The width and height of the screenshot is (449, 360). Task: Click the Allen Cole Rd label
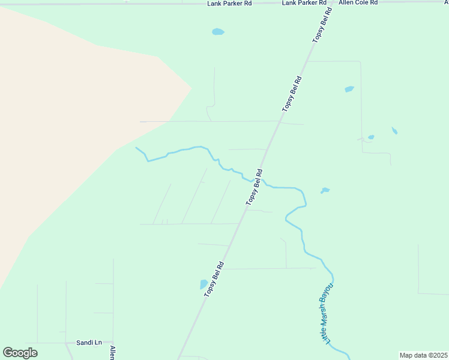(358, 3)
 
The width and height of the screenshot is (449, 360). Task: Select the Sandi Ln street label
(89, 343)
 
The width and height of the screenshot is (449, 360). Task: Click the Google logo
(20, 353)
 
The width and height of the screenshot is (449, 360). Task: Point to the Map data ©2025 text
(423, 355)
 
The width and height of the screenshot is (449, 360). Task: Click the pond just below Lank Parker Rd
(218, 32)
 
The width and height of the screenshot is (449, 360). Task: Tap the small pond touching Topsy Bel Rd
(204, 284)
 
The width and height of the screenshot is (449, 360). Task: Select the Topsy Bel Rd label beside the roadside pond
(214, 278)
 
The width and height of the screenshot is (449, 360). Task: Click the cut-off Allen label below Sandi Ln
(112, 353)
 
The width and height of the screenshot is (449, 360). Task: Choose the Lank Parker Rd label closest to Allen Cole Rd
(304, 3)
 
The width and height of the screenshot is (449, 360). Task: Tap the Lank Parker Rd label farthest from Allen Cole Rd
(229, 3)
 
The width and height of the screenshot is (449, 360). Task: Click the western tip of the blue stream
(136, 148)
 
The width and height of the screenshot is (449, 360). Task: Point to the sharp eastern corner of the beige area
(191, 89)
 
